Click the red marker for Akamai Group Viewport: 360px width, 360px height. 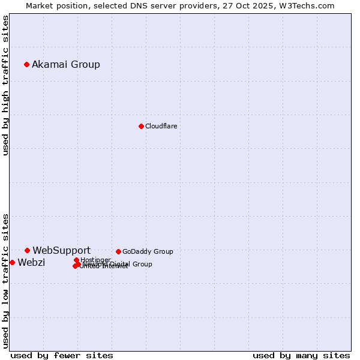click(x=26, y=64)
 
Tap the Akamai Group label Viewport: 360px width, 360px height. click(x=66, y=64)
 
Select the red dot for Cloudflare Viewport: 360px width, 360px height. click(x=141, y=126)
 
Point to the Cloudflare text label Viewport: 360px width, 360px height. click(x=161, y=126)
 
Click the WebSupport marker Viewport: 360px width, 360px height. click(x=27, y=250)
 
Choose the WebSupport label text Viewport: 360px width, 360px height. click(x=61, y=250)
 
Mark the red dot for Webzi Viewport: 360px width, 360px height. click(x=12, y=262)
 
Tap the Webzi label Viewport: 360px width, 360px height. click(x=31, y=262)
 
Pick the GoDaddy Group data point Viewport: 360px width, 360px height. click(x=118, y=251)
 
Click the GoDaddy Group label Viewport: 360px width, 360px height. click(x=148, y=251)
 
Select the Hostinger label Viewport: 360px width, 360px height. click(x=95, y=260)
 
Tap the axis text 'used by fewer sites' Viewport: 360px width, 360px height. click(x=62, y=355)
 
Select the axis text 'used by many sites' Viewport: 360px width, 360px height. click(x=301, y=355)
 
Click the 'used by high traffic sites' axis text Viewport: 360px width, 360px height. click(x=6, y=85)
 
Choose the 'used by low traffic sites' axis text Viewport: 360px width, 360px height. click(x=6, y=280)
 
